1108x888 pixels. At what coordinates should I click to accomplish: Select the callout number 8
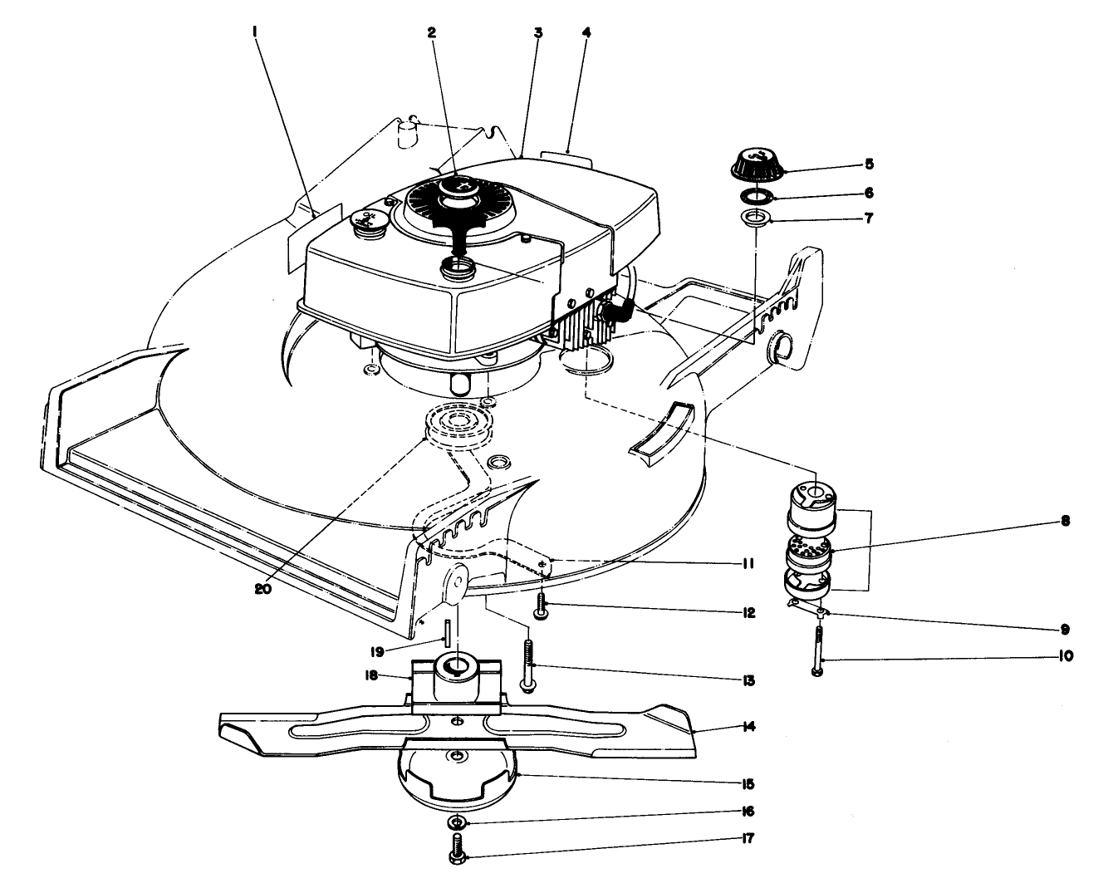coord(1065,522)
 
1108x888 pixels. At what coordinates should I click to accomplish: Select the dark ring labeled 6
coord(757,197)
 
